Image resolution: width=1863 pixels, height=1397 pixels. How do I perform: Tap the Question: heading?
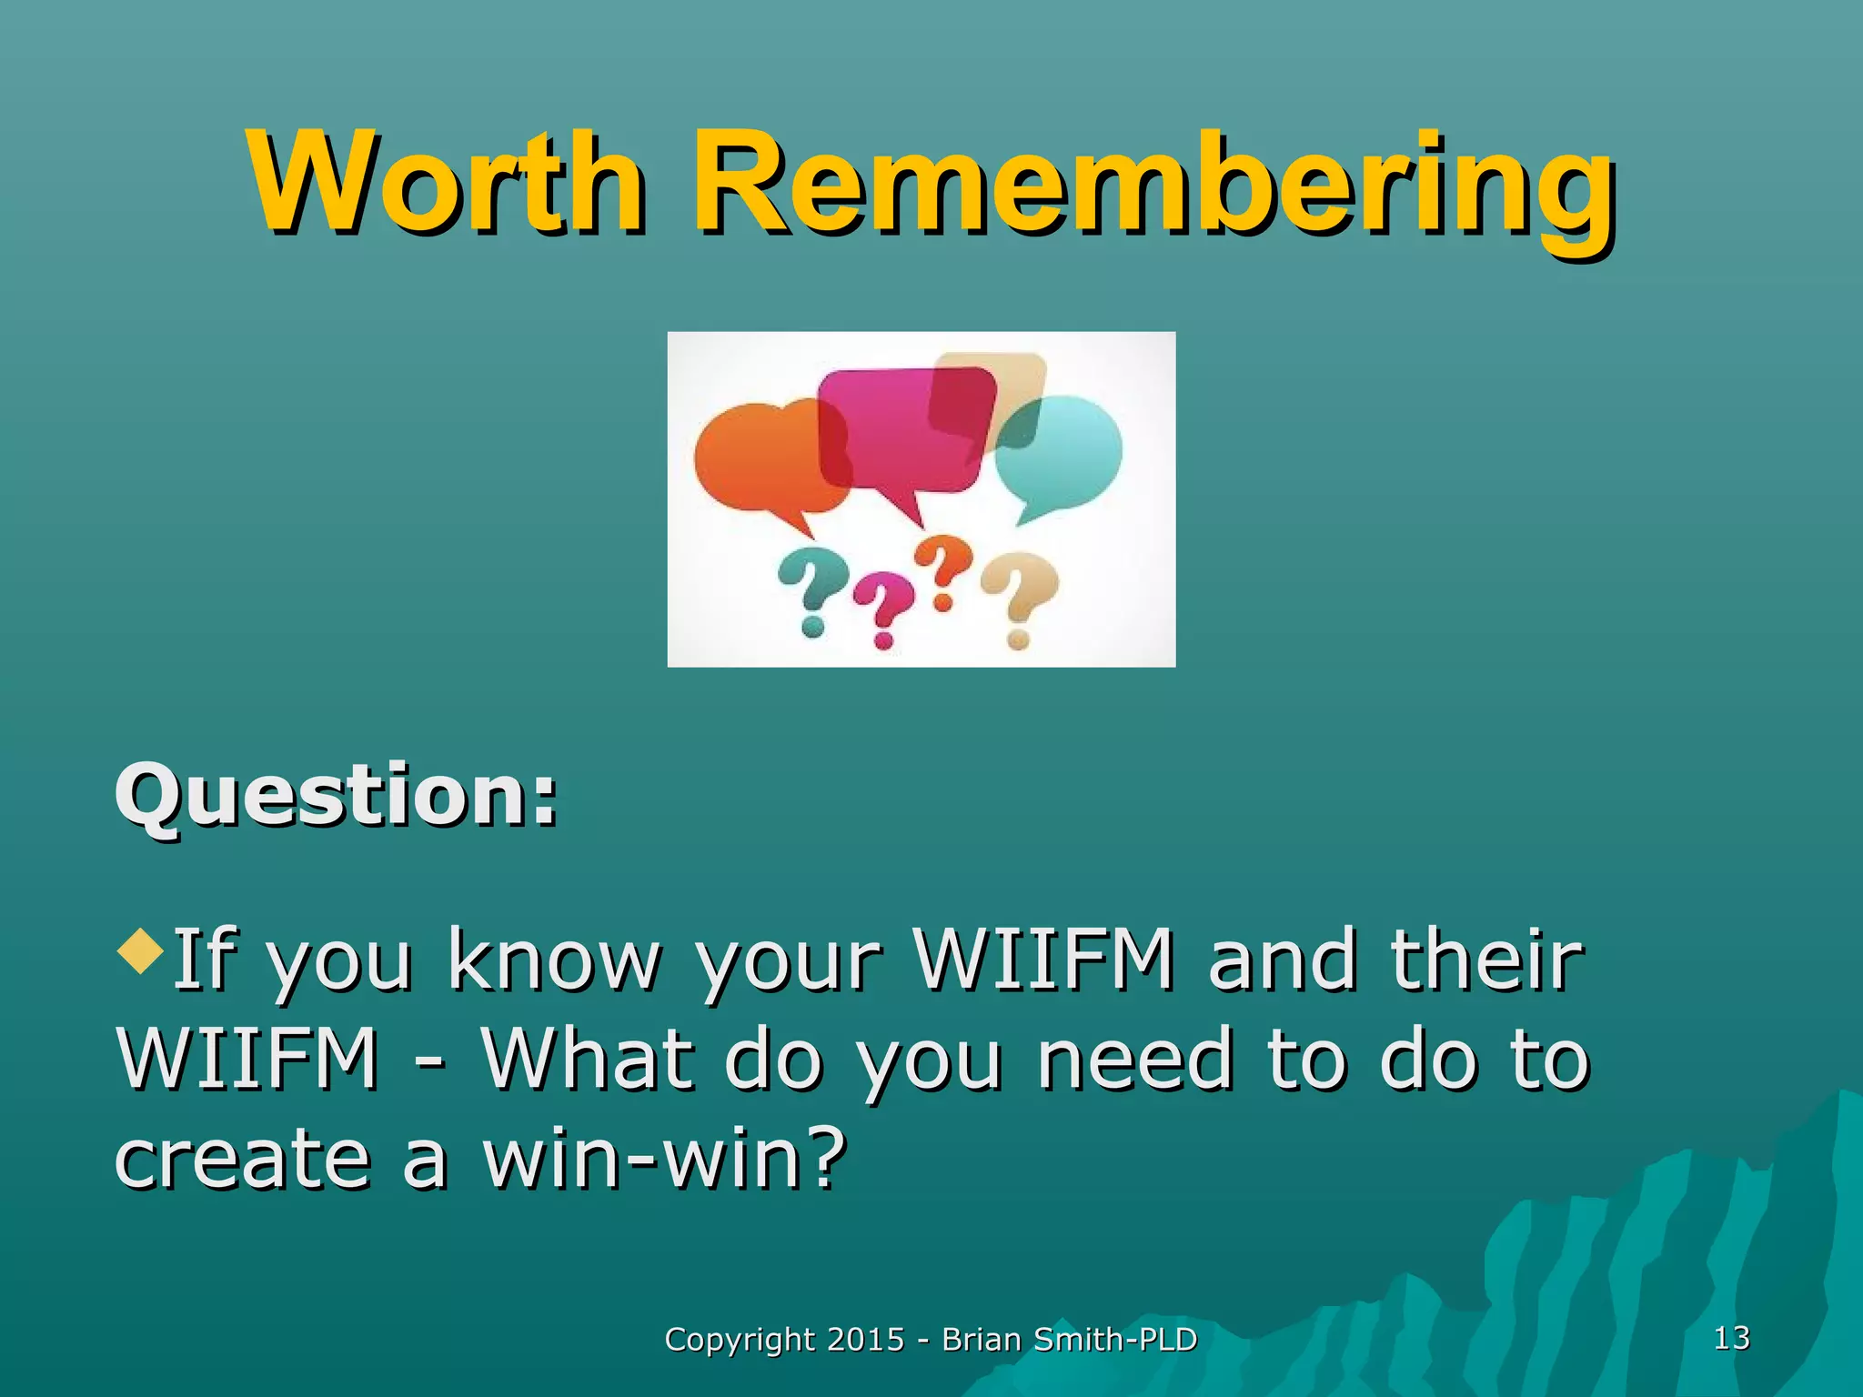click(x=335, y=796)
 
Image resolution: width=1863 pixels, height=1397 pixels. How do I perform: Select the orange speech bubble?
click(x=760, y=459)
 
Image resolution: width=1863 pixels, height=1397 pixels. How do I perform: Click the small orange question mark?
click(x=943, y=568)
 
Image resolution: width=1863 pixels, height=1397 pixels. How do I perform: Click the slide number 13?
click(x=1731, y=1338)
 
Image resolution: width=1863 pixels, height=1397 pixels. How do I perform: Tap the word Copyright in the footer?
click(x=740, y=1340)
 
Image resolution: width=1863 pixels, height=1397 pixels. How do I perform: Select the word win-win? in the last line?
click(x=664, y=1160)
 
